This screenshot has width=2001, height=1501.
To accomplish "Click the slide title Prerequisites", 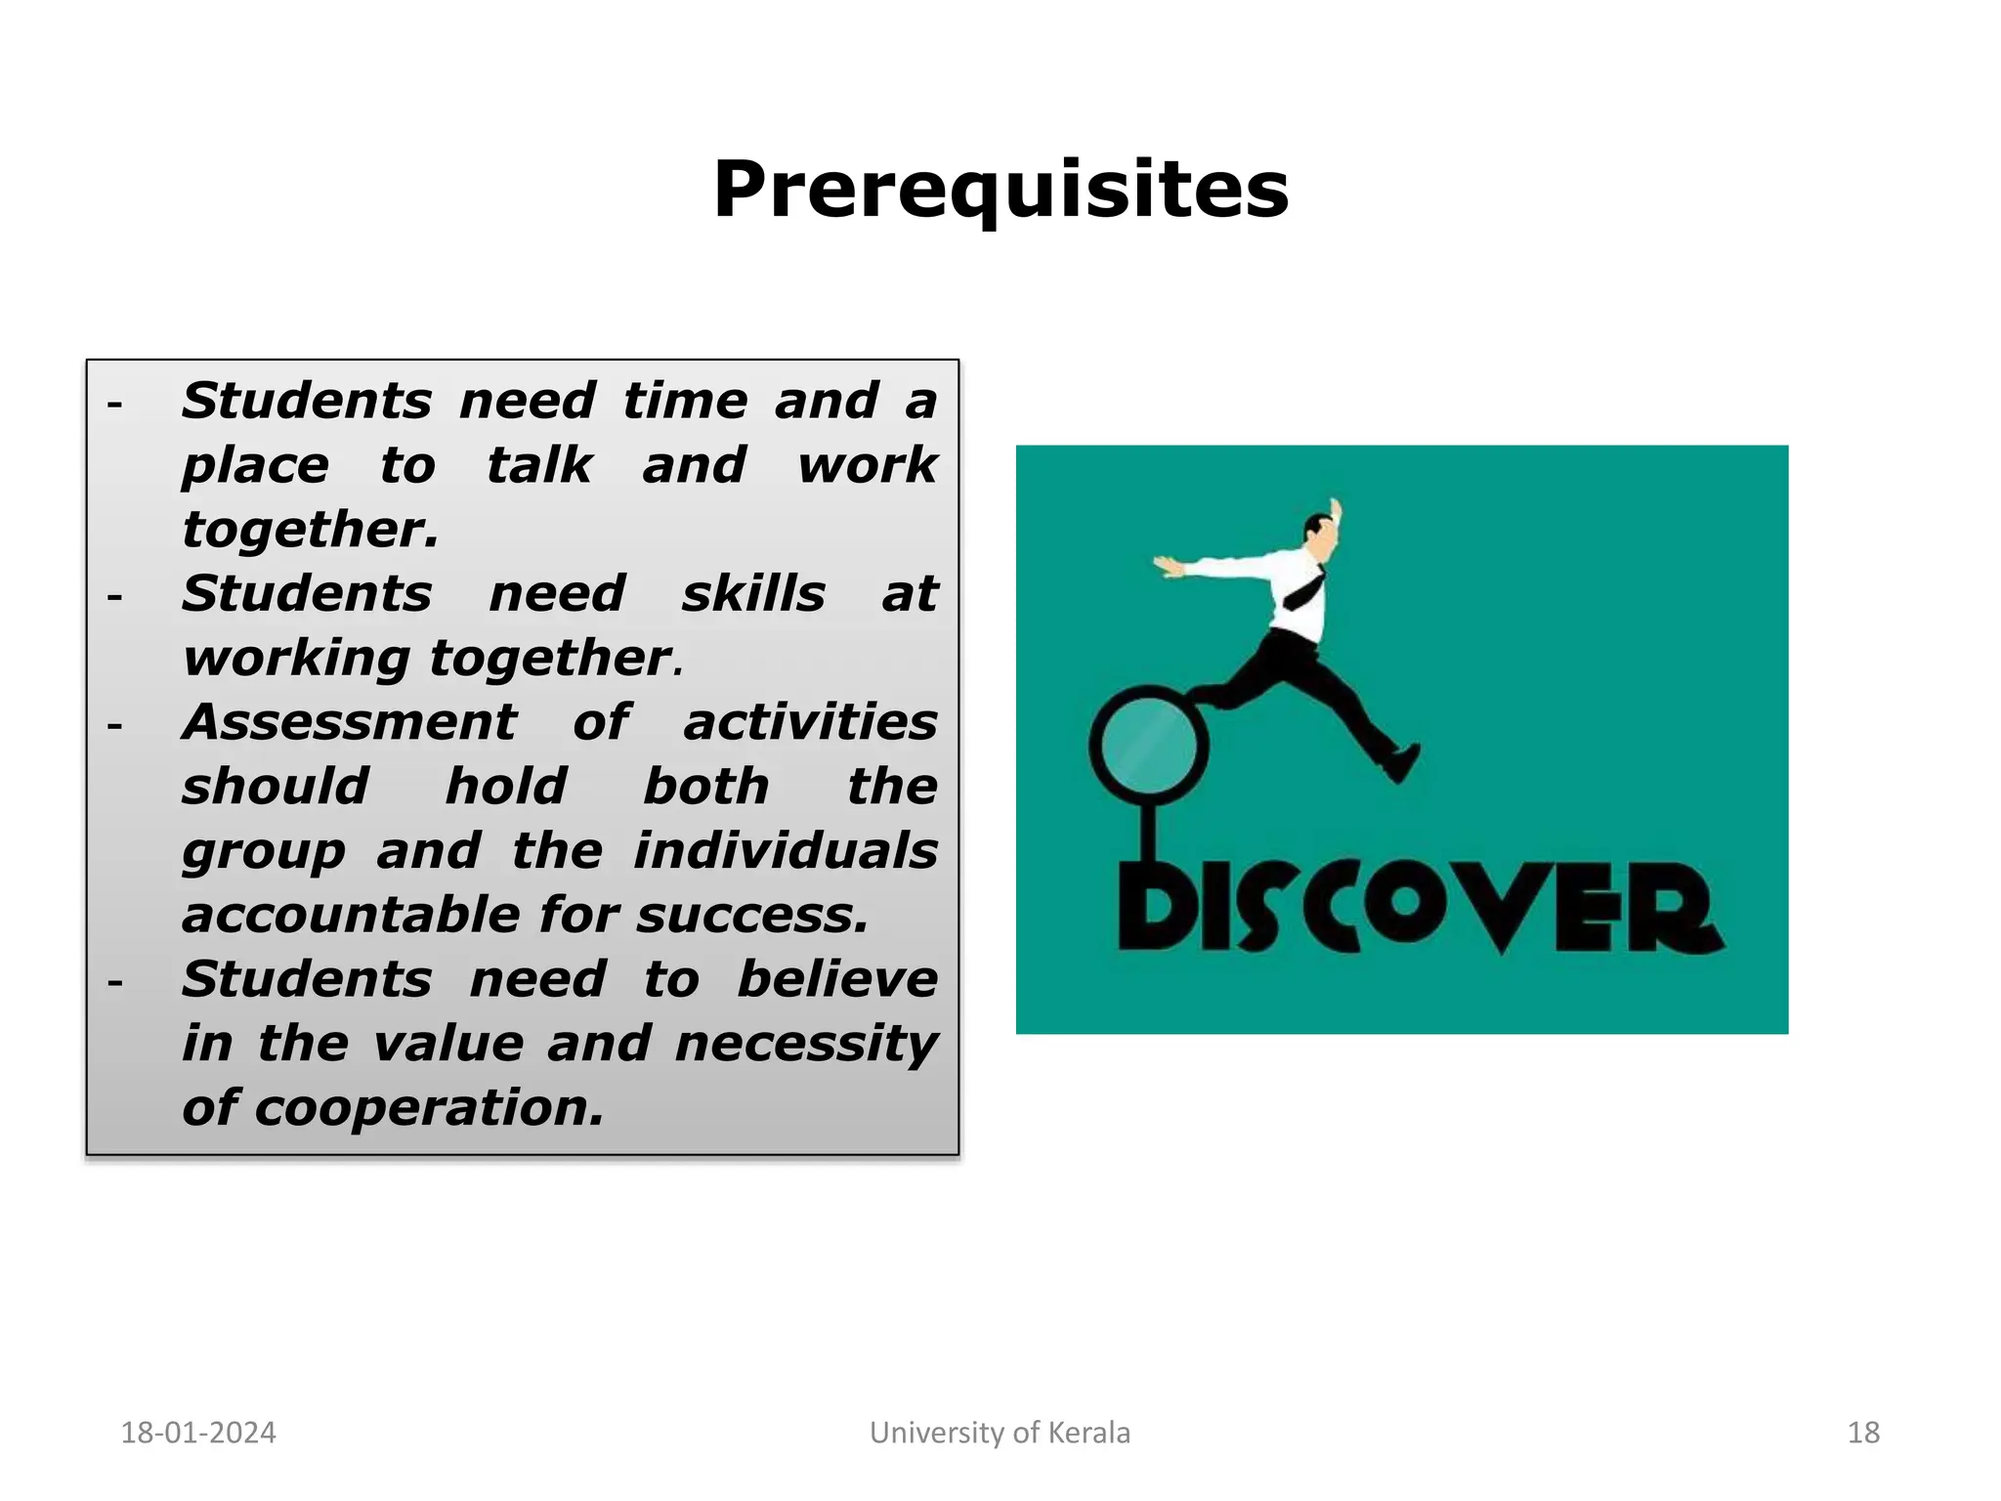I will coord(1000,189).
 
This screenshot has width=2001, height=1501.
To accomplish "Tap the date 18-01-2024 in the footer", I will coord(197,1433).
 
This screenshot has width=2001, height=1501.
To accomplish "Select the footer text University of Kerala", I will coord(1000,1433).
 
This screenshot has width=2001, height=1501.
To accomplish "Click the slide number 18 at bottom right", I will coord(1863,1433).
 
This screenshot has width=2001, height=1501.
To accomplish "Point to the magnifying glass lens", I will coord(1148,745).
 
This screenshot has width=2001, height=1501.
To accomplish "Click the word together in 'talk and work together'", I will coord(310,530).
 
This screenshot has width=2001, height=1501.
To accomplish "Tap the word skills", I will coord(753,594).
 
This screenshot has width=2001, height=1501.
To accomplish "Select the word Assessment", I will coord(349,722).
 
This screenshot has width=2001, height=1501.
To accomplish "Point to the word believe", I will coord(837,979).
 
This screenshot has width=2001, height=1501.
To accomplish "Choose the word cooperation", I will coord(429,1108).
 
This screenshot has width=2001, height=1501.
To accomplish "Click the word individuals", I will coord(786,850).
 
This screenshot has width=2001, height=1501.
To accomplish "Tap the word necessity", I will coord(806,1044).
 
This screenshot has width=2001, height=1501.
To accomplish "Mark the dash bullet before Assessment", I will coord(115,726).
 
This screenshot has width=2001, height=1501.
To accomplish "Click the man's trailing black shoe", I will coord(1402,764).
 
